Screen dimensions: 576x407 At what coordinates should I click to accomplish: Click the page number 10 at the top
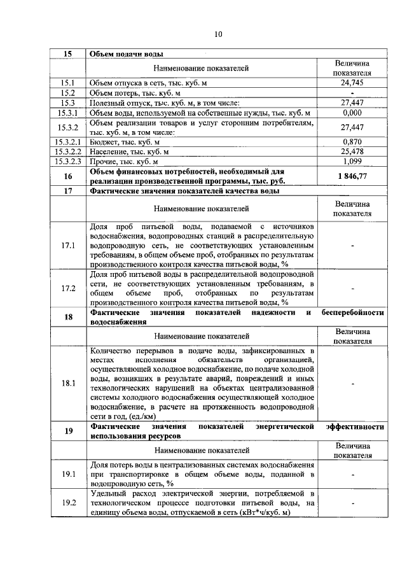click(217, 35)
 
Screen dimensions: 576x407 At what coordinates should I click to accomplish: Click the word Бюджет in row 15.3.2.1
click(104, 142)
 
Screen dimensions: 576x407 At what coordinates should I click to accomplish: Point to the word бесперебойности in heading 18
click(353, 313)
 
